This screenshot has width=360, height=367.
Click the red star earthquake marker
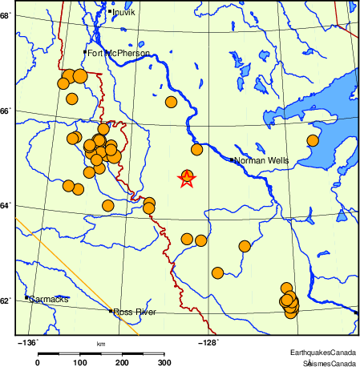coord(187,179)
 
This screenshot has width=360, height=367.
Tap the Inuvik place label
coord(125,13)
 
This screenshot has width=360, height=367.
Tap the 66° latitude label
coord(6,111)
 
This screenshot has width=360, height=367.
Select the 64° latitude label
coord(6,206)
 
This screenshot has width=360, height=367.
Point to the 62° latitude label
coord(6,301)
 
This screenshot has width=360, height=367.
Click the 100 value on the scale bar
coord(80,363)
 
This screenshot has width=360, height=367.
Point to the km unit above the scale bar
coord(101,345)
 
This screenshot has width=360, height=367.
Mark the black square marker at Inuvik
coord(110,11)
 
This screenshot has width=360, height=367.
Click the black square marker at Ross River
coord(111,311)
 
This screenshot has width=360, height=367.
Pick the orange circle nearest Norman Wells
coord(196,150)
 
